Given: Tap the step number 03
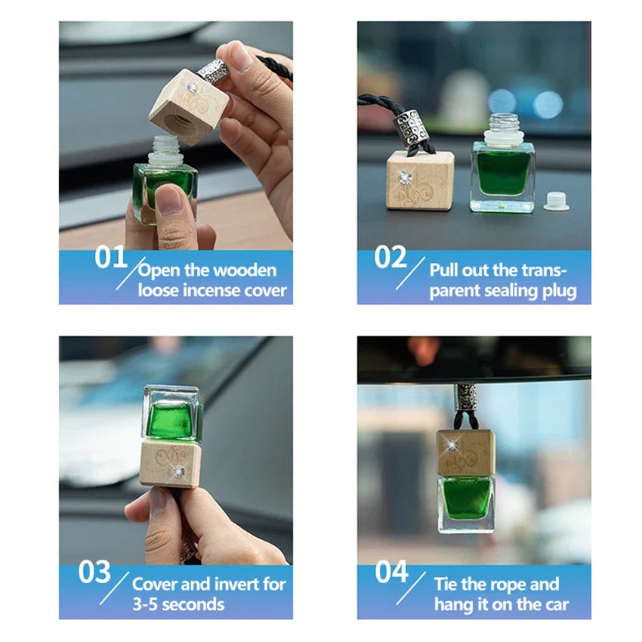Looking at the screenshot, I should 94,572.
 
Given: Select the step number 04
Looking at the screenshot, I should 391,572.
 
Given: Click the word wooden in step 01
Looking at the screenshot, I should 245,270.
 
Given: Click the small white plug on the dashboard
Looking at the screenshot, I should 556,202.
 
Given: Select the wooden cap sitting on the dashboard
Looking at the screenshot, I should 419,180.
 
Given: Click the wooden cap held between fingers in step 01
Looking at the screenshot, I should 188,106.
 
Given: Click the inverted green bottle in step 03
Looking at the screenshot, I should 173,414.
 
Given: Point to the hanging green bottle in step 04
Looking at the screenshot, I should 465,502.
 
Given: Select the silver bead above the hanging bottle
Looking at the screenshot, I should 465,399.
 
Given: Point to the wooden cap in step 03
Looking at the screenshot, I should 171,462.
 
